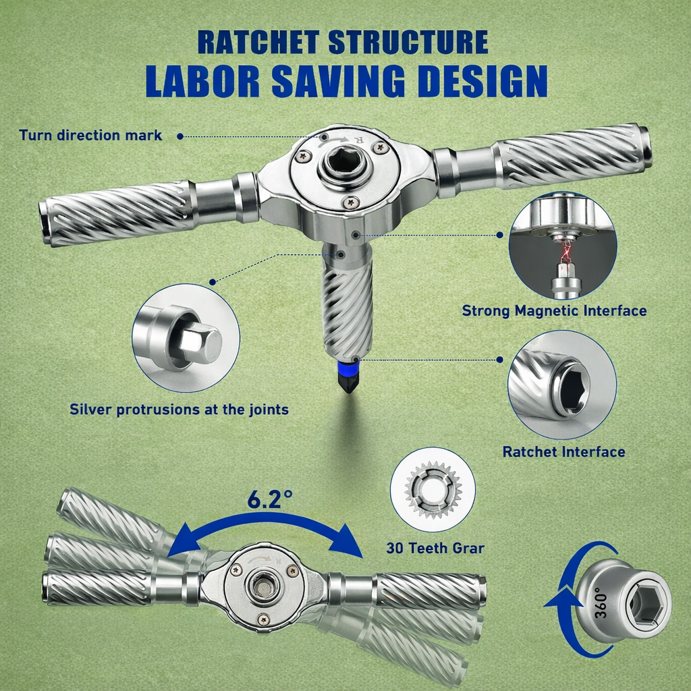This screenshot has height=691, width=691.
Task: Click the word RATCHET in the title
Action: point(258,43)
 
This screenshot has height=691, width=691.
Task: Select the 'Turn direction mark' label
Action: point(90,135)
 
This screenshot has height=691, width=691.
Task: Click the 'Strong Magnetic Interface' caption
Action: point(554,310)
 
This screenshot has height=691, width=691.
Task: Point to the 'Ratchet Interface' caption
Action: point(563,451)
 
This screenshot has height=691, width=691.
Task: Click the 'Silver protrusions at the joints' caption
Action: point(179,410)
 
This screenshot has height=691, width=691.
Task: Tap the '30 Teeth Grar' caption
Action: point(435,548)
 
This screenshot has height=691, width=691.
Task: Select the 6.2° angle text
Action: point(269,499)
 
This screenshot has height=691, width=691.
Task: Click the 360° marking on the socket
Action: point(600,603)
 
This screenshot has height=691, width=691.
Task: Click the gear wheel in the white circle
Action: point(433,490)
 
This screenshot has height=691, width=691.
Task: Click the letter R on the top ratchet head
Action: point(358,140)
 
